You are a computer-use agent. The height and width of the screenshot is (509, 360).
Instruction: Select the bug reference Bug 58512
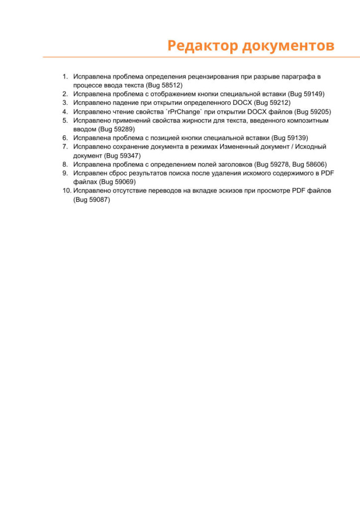pyautogui.click(x=163, y=85)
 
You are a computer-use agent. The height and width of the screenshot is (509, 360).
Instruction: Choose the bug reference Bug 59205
pyautogui.click(x=312, y=112)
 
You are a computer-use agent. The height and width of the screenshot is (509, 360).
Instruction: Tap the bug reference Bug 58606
pyautogui.click(x=309, y=164)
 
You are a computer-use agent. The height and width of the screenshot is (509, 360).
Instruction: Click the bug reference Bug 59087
pyautogui.click(x=91, y=200)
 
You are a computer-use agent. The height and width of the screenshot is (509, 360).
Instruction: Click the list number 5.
pyautogui.click(x=65, y=120)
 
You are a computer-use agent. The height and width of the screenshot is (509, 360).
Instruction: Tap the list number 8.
pyautogui.click(x=65, y=164)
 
